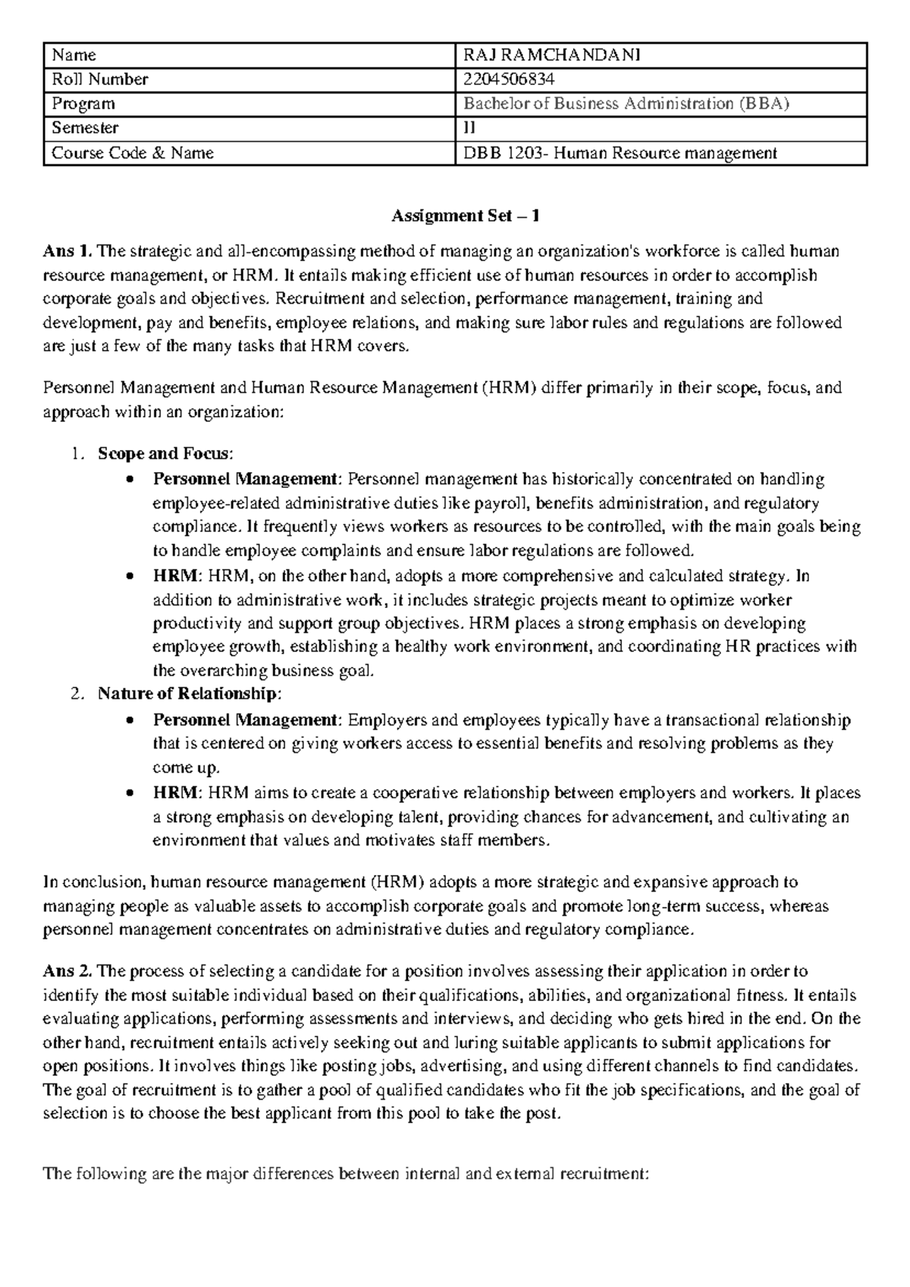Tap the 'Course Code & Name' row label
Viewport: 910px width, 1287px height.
[132, 153]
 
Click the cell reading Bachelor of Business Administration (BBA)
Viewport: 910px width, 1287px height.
[626, 104]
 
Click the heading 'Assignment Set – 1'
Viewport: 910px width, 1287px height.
[465, 216]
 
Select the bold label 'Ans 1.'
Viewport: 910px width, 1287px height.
[64, 252]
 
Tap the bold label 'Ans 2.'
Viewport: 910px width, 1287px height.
[64, 971]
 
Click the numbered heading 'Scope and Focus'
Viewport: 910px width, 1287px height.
[162, 454]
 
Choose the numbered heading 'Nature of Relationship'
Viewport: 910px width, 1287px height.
[187, 694]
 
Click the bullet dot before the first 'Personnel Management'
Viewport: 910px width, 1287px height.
[132, 480]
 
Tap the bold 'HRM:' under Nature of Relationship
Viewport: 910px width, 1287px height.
[176, 793]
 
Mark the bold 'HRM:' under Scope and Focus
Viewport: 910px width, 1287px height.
[176, 576]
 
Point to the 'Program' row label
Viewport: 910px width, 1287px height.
[83, 104]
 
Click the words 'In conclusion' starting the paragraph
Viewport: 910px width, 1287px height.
[93, 882]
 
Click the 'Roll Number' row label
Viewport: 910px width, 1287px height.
[99, 79]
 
